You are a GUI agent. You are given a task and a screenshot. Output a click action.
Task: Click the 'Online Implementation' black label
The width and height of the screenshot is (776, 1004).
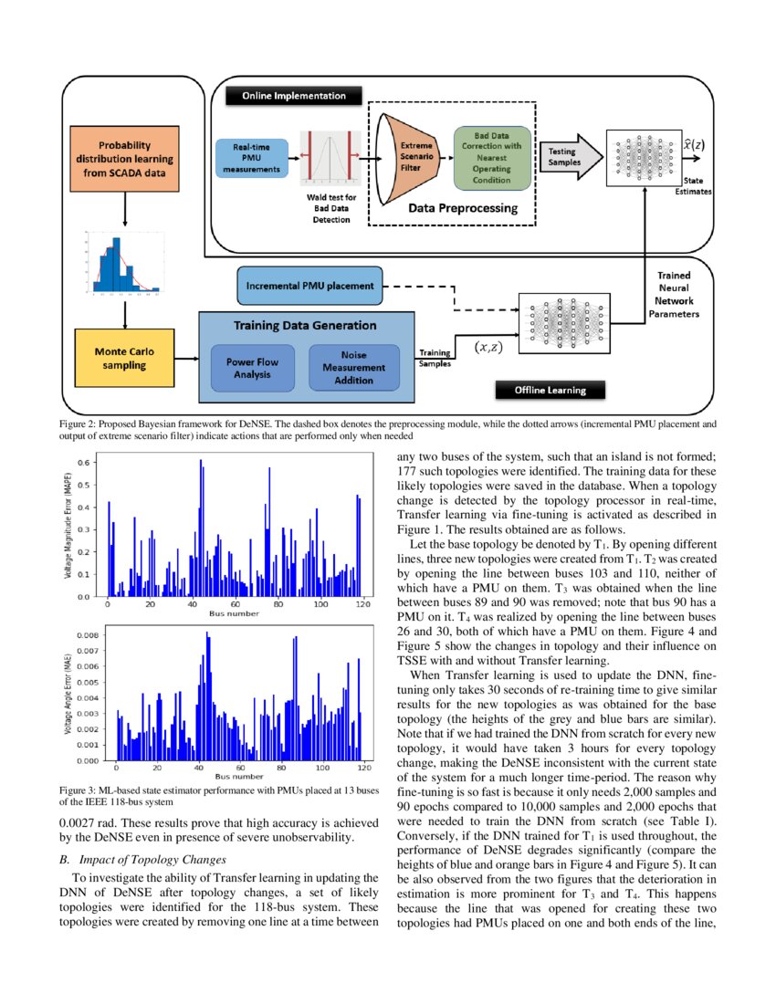[293, 96]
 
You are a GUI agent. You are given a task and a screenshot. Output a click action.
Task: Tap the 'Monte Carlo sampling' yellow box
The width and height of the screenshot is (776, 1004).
[123, 358]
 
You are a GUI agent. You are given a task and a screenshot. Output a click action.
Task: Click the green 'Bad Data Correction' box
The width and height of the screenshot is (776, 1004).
[491, 158]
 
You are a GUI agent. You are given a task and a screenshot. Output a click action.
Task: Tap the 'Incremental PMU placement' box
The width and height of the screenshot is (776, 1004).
[309, 286]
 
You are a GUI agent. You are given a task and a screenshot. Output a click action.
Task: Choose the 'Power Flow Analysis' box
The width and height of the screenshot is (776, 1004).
[252, 368]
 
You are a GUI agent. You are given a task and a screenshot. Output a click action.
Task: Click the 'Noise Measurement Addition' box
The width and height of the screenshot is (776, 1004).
[353, 367]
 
